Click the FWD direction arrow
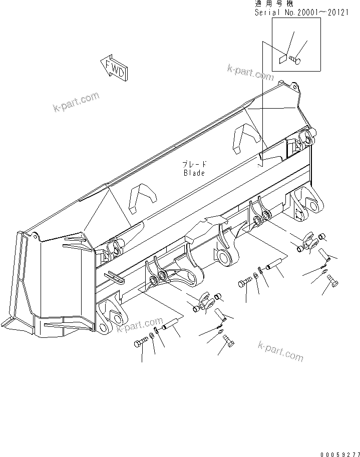tap(114, 68)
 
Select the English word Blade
tap(194, 173)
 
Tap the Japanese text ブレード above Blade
tap(194, 164)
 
